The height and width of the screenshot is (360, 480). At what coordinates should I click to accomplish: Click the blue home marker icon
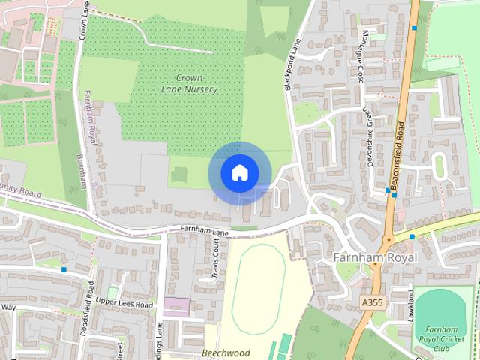(x=239, y=172)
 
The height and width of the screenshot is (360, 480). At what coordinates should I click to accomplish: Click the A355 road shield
(x=367, y=301)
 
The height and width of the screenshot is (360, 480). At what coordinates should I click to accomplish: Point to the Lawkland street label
(x=411, y=303)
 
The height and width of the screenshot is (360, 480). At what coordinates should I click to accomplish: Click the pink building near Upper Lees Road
(x=177, y=306)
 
